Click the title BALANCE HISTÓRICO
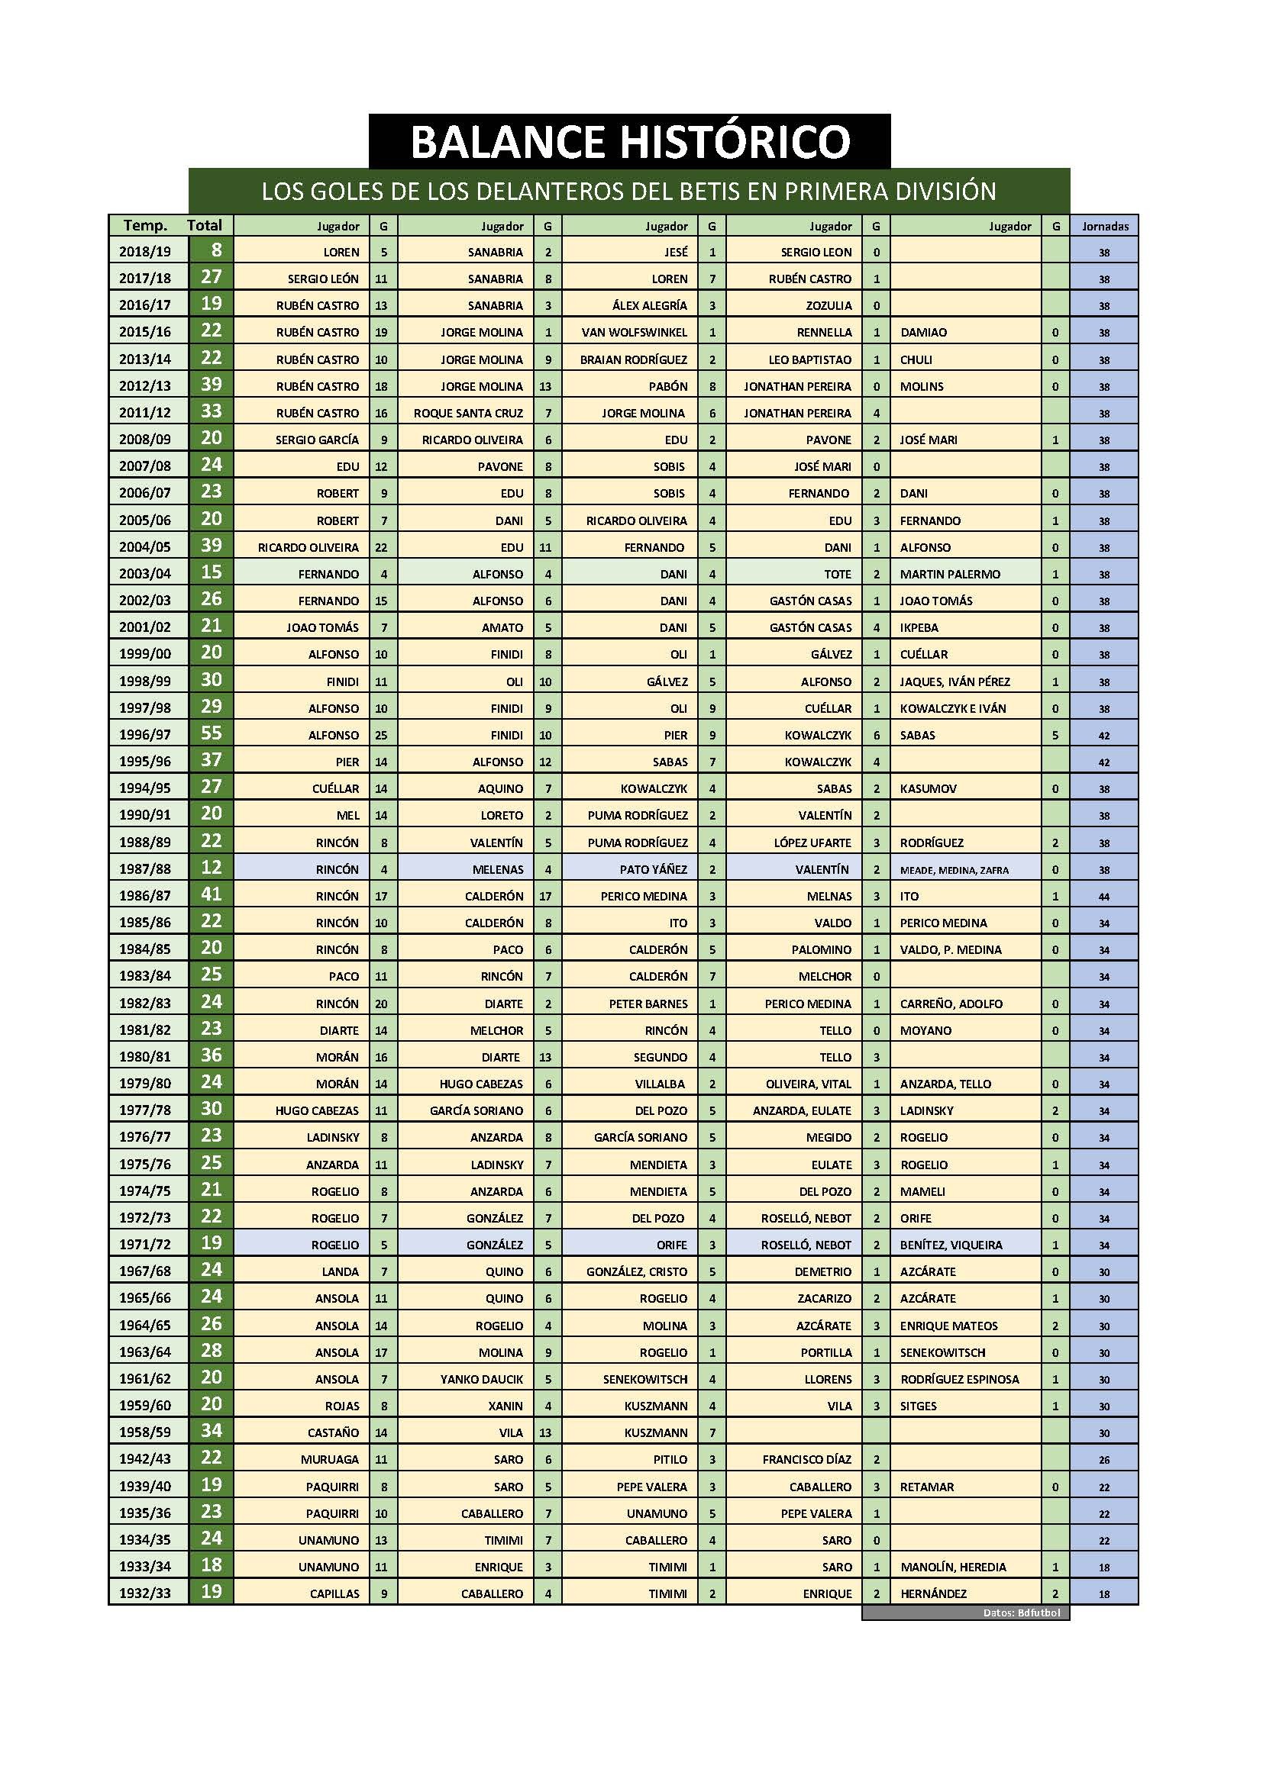click(629, 141)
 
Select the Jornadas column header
click(1104, 226)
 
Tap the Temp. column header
click(145, 225)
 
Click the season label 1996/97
click(144, 734)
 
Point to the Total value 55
click(212, 733)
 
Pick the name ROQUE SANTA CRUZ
click(468, 413)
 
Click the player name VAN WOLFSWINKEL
click(635, 333)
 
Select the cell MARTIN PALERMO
click(950, 574)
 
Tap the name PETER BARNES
click(648, 1004)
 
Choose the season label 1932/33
click(144, 1593)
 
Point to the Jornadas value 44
click(1104, 897)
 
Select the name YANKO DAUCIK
click(481, 1379)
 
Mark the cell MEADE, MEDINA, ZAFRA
click(955, 870)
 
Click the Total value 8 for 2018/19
click(215, 250)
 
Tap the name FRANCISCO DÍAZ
click(806, 1459)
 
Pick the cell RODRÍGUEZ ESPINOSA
click(959, 1379)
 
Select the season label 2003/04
click(144, 574)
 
